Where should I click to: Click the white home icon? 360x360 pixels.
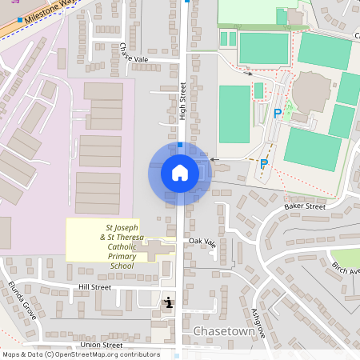[180, 172]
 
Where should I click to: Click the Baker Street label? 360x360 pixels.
[305, 206]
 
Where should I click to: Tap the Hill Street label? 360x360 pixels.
[94, 286]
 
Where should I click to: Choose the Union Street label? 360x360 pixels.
[101, 345]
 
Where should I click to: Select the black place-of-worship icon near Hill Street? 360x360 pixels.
[169, 302]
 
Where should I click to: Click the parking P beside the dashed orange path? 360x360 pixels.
[263, 163]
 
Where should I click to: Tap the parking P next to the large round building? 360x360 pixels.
[278, 114]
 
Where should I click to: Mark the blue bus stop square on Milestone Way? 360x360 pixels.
[19, 19]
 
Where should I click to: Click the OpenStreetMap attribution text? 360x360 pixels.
[80, 354]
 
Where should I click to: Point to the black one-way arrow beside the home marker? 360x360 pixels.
[214, 159]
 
